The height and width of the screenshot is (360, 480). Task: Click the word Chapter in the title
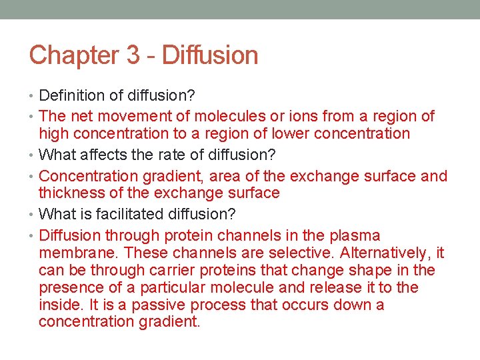tap(73, 55)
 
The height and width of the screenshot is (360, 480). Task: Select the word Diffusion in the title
tap(210, 55)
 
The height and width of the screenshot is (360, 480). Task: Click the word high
tap(55, 133)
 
